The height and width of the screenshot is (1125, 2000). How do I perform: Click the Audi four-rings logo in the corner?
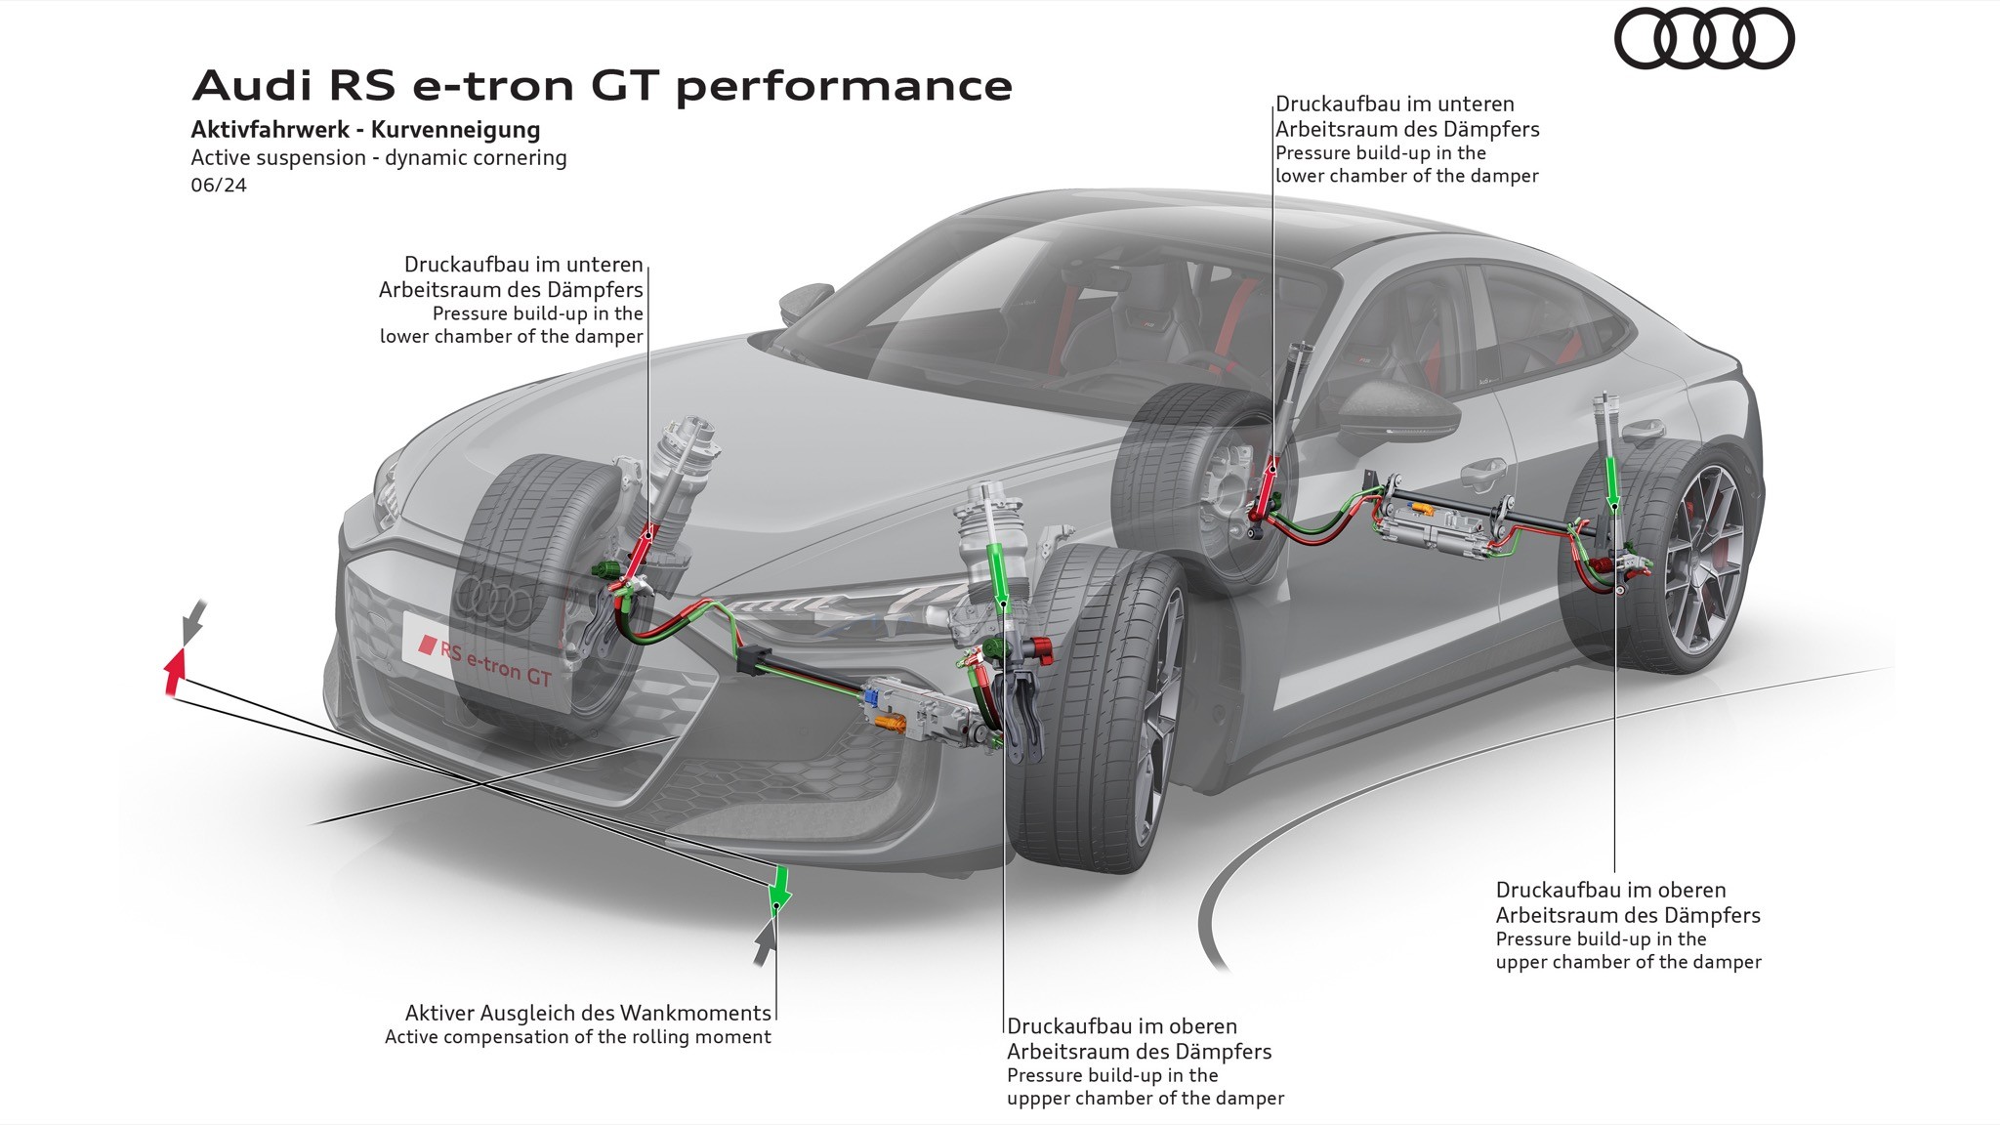tap(1704, 39)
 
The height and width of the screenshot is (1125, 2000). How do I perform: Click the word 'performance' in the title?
tap(844, 86)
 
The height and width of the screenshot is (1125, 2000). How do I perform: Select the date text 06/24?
tap(219, 185)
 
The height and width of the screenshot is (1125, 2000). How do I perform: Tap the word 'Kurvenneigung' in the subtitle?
tap(455, 130)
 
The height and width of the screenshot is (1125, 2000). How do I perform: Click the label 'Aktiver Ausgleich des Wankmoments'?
tap(588, 1013)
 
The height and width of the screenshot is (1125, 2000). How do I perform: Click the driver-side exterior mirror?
tap(1396, 410)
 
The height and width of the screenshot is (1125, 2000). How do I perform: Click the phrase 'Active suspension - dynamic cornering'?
tap(379, 158)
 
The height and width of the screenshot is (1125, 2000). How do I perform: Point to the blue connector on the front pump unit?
tap(868, 697)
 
